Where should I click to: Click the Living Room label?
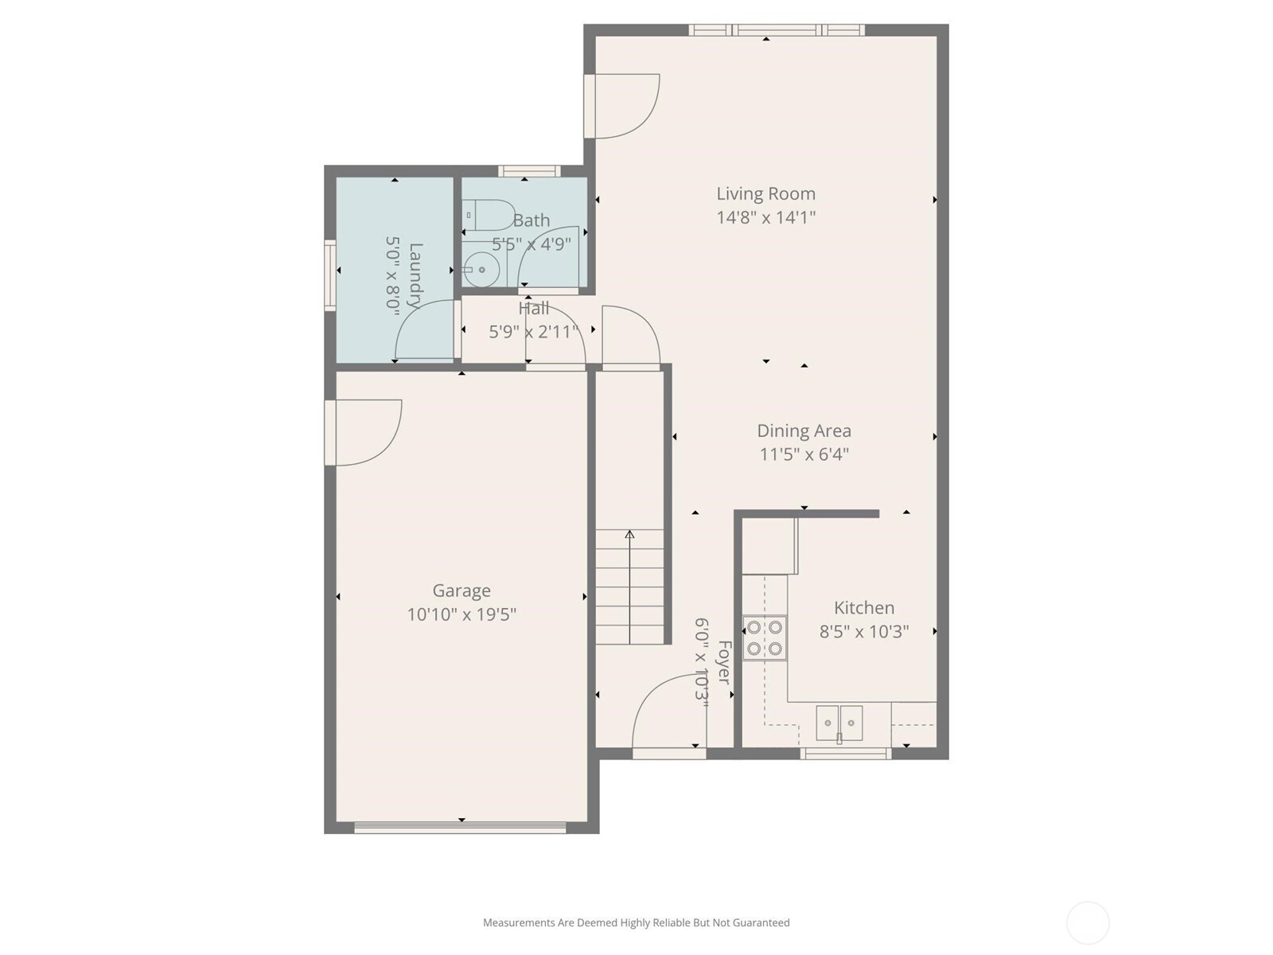coord(765,193)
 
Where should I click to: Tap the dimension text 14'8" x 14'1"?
coord(765,217)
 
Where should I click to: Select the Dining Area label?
coord(804,431)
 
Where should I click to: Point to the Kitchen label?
coord(863,608)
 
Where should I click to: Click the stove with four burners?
coord(765,637)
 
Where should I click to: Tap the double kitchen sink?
coord(839,723)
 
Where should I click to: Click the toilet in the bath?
coord(489,215)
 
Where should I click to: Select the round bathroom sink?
coord(481,270)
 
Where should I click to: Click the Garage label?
coord(461,591)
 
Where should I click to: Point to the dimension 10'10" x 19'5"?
coord(461,614)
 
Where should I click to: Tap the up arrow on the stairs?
coord(630,587)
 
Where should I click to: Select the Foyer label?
coord(725,662)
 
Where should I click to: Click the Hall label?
coord(534,309)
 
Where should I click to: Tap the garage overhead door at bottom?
coord(460,828)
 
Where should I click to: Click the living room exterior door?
coord(621,106)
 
